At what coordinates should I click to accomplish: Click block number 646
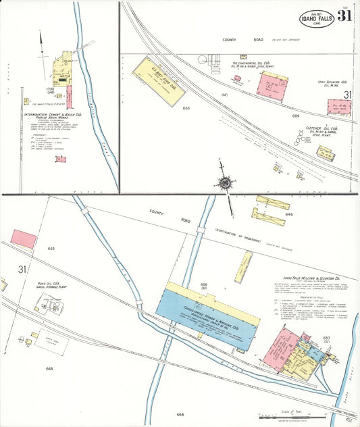[x=290, y=214]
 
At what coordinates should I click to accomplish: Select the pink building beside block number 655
[x=23, y=238]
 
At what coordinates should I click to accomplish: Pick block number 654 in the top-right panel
[x=295, y=116]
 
